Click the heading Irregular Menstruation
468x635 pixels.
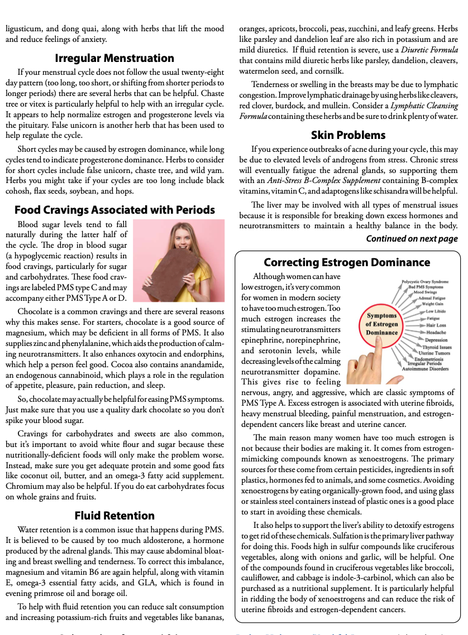coord(114,58)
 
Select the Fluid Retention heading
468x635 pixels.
coord(114,515)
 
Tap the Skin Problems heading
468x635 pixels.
coord(348,135)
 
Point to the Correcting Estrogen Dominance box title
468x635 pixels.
coord(347,262)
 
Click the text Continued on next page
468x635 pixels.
coord(412,239)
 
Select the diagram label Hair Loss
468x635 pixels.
coord(436,325)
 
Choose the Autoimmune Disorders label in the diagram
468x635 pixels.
coord(428,369)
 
